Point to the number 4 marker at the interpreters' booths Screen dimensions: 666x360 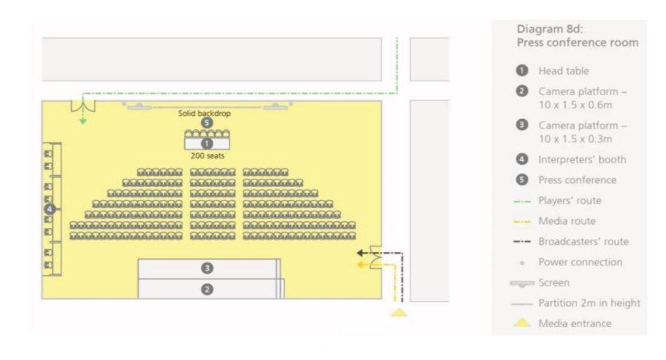[x=50, y=208]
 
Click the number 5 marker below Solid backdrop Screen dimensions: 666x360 [x=206, y=123]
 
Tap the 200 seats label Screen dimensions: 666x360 [x=206, y=155]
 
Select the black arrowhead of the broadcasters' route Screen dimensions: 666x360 [x=358, y=253]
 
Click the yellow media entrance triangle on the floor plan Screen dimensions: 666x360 [x=399, y=311]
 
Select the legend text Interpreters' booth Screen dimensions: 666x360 [x=581, y=160]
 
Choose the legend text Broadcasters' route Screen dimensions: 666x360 [x=585, y=241]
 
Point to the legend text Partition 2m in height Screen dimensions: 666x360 [x=590, y=303]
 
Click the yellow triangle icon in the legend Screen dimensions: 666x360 [x=523, y=323]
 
